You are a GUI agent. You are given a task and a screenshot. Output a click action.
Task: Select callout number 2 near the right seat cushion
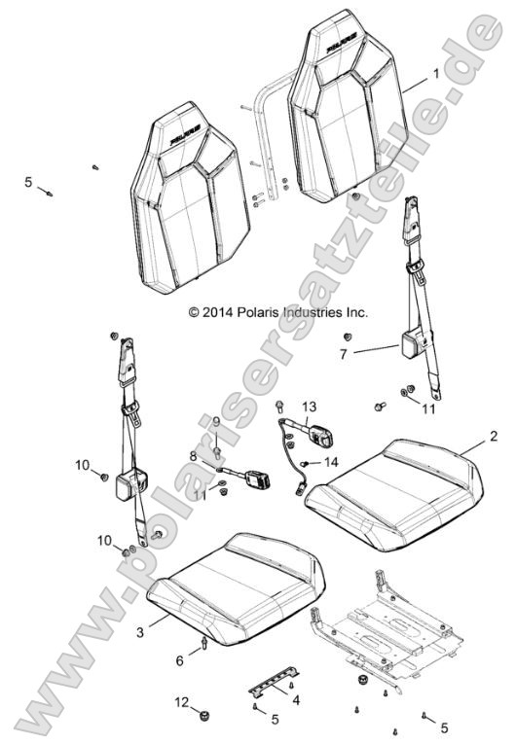point(493,437)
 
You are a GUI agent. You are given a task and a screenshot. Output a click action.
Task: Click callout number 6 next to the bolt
point(179,660)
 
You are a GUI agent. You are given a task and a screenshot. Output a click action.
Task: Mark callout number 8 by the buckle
point(194,454)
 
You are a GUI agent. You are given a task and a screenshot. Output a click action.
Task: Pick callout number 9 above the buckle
point(216,421)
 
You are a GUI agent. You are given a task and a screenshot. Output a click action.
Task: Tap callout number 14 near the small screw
point(332,462)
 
